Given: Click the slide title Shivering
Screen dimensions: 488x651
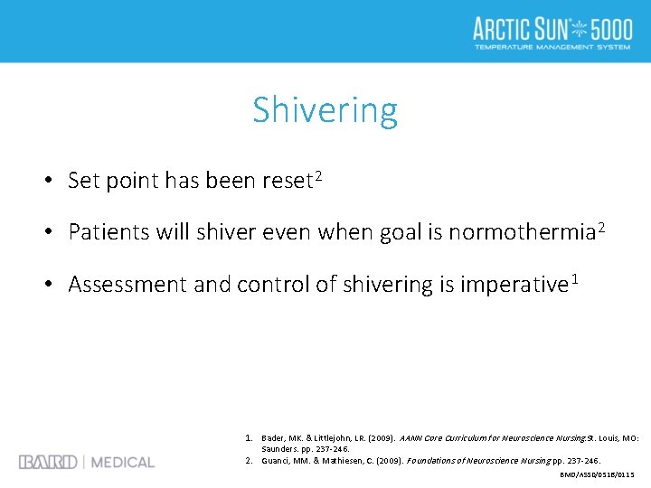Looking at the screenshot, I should click(x=325, y=110).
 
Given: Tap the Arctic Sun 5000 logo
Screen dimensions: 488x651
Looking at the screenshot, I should click(x=552, y=32).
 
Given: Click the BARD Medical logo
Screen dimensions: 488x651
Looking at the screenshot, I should click(x=87, y=462).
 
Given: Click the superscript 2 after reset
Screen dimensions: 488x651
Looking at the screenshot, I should click(x=318, y=174).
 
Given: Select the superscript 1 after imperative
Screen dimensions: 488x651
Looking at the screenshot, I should click(x=573, y=278).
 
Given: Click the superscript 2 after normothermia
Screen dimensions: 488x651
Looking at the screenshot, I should click(x=600, y=227).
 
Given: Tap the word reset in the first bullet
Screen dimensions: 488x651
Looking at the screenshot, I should click(x=287, y=181).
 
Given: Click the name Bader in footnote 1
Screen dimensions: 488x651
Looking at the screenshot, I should click(x=274, y=438).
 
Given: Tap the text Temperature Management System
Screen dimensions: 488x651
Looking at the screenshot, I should click(x=552, y=47).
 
